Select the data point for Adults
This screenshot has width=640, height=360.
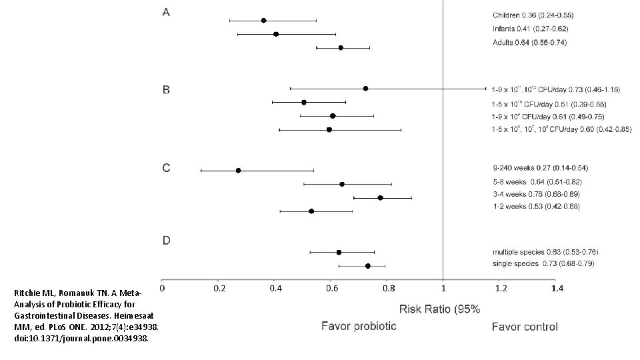[x=341, y=48]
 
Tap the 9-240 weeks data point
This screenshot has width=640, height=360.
[x=238, y=171]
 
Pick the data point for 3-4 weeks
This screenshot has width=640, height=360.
[x=380, y=198]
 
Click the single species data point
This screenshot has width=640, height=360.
[x=367, y=266]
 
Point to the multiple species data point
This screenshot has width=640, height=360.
[x=339, y=252]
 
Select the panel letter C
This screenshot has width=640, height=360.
[x=166, y=168]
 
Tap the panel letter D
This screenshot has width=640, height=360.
[x=167, y=240]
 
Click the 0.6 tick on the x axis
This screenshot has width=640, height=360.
[x=331, y=289]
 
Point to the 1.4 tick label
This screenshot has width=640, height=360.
[x=557, y=289]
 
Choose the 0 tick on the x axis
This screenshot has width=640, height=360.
[x=163, y=289]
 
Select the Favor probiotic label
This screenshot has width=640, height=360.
[x=359, y=326]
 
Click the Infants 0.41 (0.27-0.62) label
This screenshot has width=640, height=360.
[x=530, y=29]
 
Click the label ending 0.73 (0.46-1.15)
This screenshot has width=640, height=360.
[x=555, y=89]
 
